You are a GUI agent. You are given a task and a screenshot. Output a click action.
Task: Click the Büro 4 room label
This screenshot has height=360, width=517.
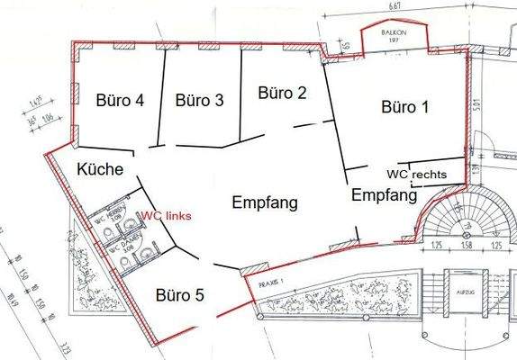coord(121,100)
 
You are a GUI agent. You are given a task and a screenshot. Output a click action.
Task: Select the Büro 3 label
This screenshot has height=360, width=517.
coord(199,101)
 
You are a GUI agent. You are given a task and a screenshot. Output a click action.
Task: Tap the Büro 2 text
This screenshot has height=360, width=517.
coord(282,92)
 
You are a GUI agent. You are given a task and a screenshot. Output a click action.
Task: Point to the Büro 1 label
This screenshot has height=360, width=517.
coord(404,107)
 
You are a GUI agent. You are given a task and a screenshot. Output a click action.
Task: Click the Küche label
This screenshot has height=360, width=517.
coord(99,169)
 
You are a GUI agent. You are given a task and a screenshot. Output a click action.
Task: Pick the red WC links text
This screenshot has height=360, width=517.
coord(166,216)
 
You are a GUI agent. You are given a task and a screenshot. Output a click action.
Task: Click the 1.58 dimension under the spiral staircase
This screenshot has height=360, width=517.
coord(467,245)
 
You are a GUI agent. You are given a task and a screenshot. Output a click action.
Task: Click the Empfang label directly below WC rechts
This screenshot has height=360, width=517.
coord(384,194)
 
